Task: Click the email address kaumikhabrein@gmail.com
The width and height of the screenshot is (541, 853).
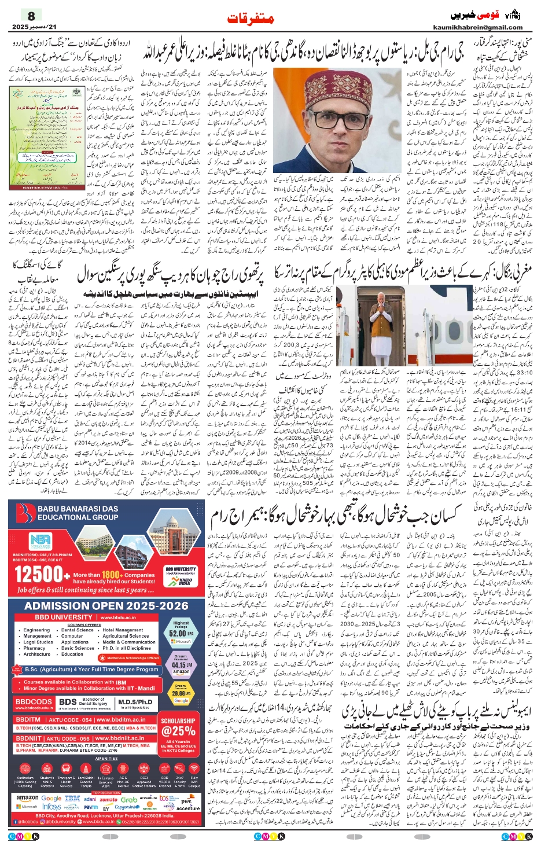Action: tap(477, 27)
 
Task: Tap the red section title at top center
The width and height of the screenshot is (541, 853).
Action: tap(250, 19)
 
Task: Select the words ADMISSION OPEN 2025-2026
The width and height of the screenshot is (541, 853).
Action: tap(106, 605)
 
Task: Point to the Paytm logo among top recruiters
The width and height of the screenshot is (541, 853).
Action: tap(91, 807)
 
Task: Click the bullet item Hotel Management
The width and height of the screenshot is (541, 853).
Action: tap(123, 630)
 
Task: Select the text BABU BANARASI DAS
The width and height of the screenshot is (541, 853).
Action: tap(78, 509)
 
